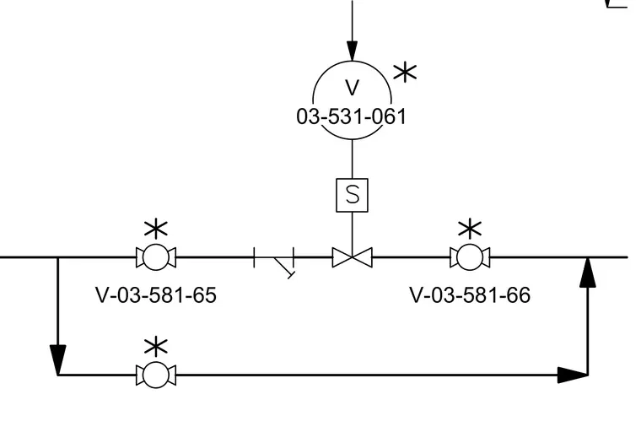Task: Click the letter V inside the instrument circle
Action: click(352, 88)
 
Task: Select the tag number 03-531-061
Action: click(352, 116)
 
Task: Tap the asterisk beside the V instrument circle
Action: click(405, 73)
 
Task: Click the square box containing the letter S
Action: click(352, 195)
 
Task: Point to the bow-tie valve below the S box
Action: click(352, 257)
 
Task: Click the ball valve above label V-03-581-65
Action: click(156, 257)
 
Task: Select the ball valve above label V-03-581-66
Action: click(470, 257)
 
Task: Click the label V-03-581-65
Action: click(156, 295)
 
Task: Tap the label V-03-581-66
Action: click(470, 295)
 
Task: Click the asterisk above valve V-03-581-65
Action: click(156, 229)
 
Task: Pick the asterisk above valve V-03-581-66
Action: click(470, 229)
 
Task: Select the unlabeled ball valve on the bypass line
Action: click(156, 375)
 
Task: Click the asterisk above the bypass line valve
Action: click(156, 348)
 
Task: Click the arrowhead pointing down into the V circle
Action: click(352, 51)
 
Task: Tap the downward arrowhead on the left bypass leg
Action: click(57, 359)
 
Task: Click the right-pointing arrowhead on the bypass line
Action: click(573, 375)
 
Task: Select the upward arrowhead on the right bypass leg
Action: click(588, 273)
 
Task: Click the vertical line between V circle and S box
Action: click(352, 159)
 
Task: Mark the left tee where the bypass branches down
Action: click(57, 257)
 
